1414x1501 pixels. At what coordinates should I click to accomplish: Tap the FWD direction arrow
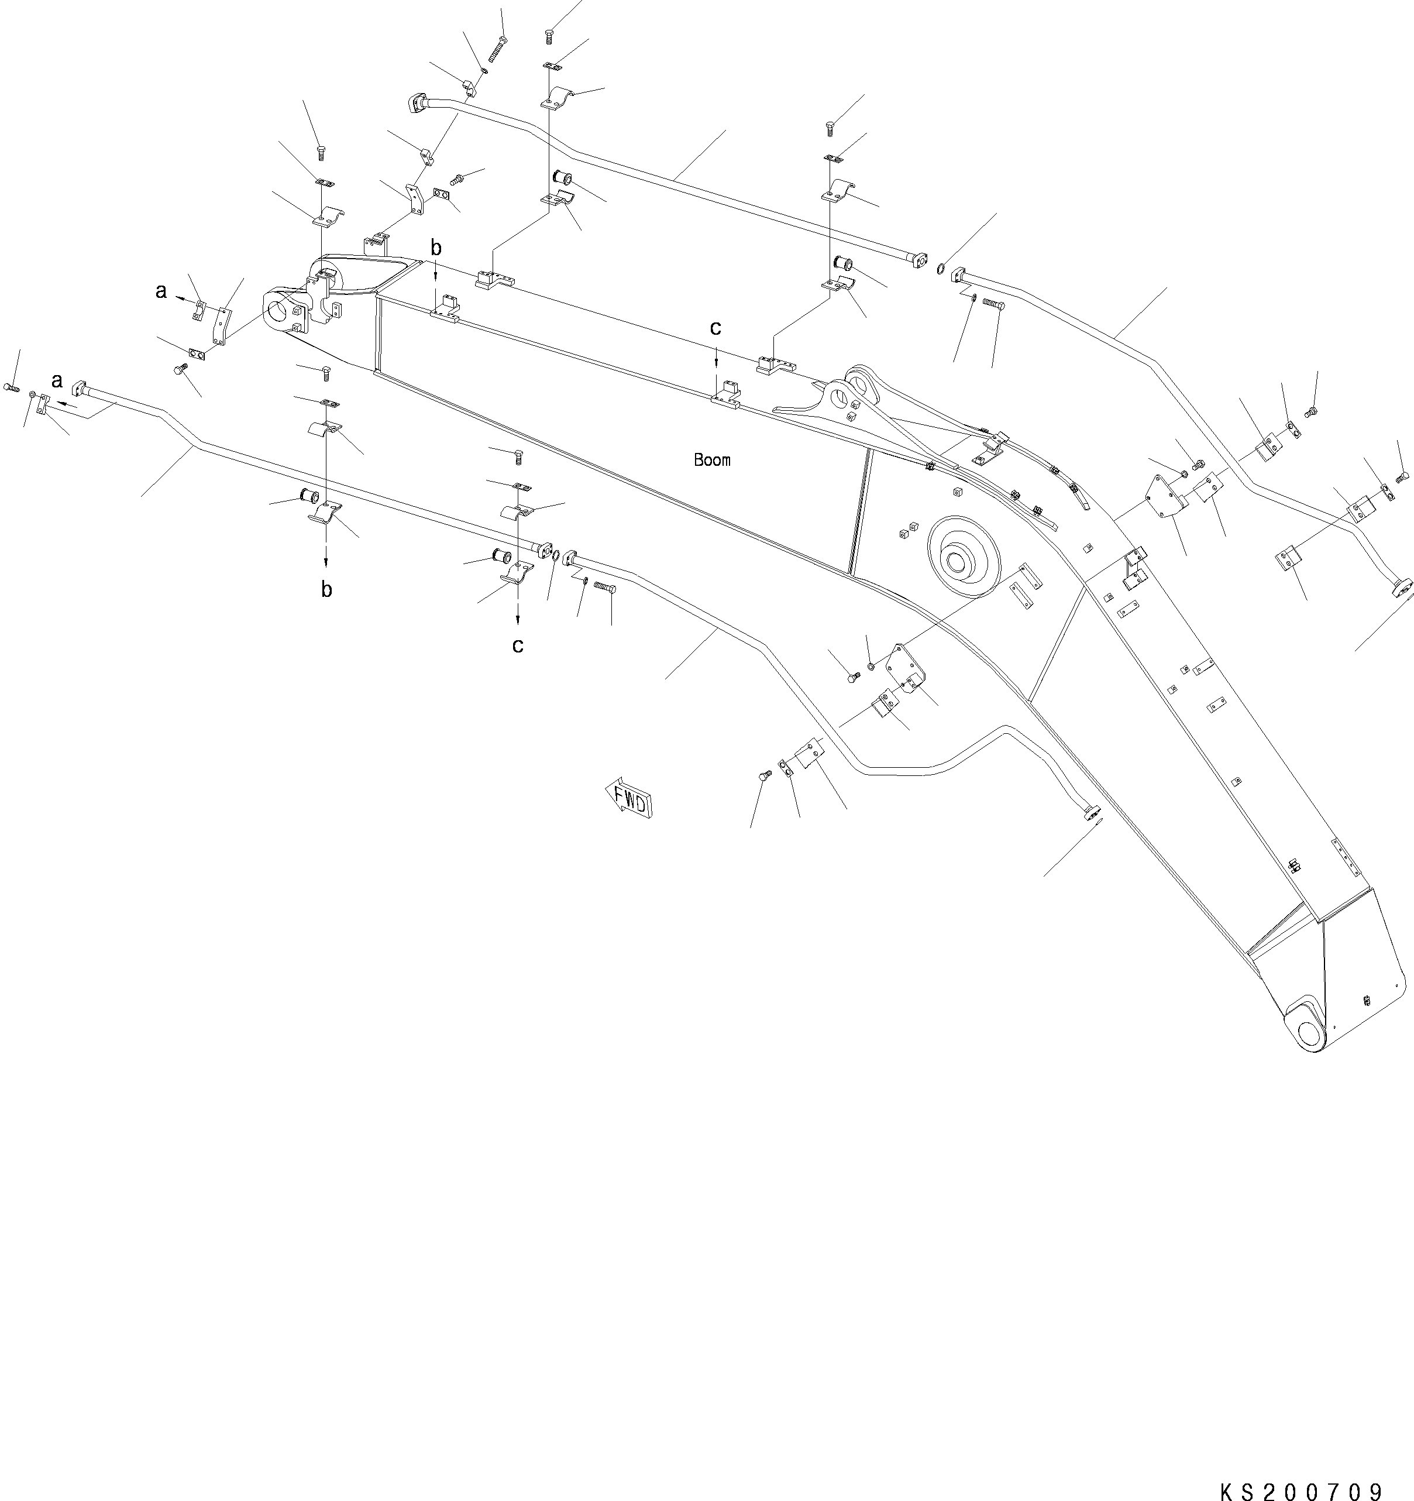(x=628, y=796)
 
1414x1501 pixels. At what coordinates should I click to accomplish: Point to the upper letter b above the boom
(x=436, y=248)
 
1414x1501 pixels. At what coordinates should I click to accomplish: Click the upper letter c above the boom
(x=715, y=328)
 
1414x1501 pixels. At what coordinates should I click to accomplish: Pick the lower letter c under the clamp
(x=517, y=645)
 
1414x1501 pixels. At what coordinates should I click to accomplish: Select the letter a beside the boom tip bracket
(x=160, y=291)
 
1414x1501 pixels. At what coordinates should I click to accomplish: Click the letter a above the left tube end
(x=57, y=380)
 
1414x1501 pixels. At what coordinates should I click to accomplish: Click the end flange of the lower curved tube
(x=1092, y=812)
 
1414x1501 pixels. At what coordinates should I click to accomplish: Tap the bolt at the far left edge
(x=11, y=387)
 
